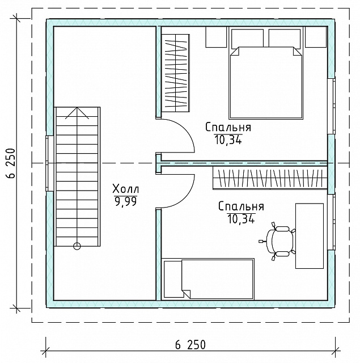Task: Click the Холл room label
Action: (126, 189)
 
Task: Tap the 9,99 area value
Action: (126, 201)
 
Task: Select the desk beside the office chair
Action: (310, 236)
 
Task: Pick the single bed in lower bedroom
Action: (209, 279)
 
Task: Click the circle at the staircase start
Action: (77, 246)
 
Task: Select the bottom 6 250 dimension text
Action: (190, 345)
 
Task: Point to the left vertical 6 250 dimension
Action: (11, 163)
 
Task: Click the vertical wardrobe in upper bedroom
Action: (175, 73)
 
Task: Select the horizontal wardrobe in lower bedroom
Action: (270, 178)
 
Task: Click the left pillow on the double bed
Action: (247, 39)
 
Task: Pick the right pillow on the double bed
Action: (285, 39)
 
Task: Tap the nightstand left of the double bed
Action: (216, 37)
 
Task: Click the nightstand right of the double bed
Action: (316, 37)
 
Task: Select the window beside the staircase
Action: (49, 163)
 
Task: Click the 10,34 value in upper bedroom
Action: (228, 140)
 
